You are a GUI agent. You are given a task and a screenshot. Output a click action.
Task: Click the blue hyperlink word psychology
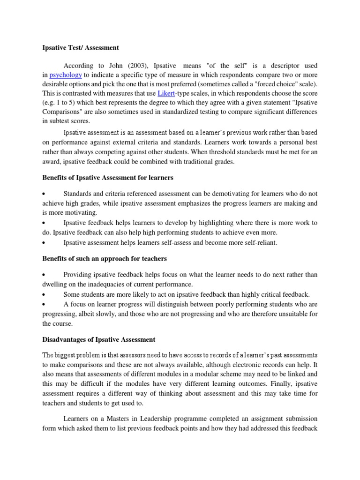(66, 75)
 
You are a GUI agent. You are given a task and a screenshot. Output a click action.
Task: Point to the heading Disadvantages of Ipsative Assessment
(98, 339)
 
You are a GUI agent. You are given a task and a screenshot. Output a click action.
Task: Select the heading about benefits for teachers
(104, 259)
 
